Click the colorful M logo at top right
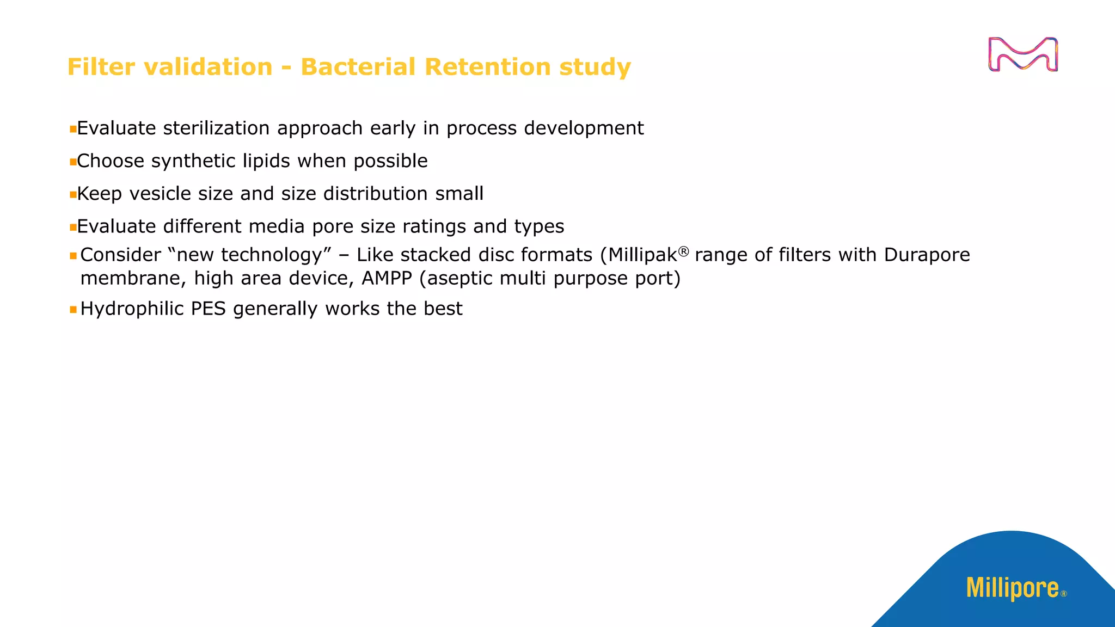pyautogui.click(x=1022, y=54)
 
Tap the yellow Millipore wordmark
pyautogui.click(x=1013, y=588)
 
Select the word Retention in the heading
pyautogui.click(x=487, y=67)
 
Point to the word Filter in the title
pyautogui.click(x=101, y=67)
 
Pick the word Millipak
pyautogui.click(x=642, y=255)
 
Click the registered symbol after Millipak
pyautogui.click(x=684, y=251)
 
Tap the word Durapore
pyautogui.click(x=927, y=255)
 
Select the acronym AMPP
pyautogui.click(x=387, y=278)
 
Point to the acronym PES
pyautogui.click(x=208, y=309)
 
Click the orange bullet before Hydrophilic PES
pyautogui.click(x=73, y=310)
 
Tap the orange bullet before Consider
pyautogui.click(x=73, y=256)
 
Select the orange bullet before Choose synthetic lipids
pyautogui.click(x=72, y=162)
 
